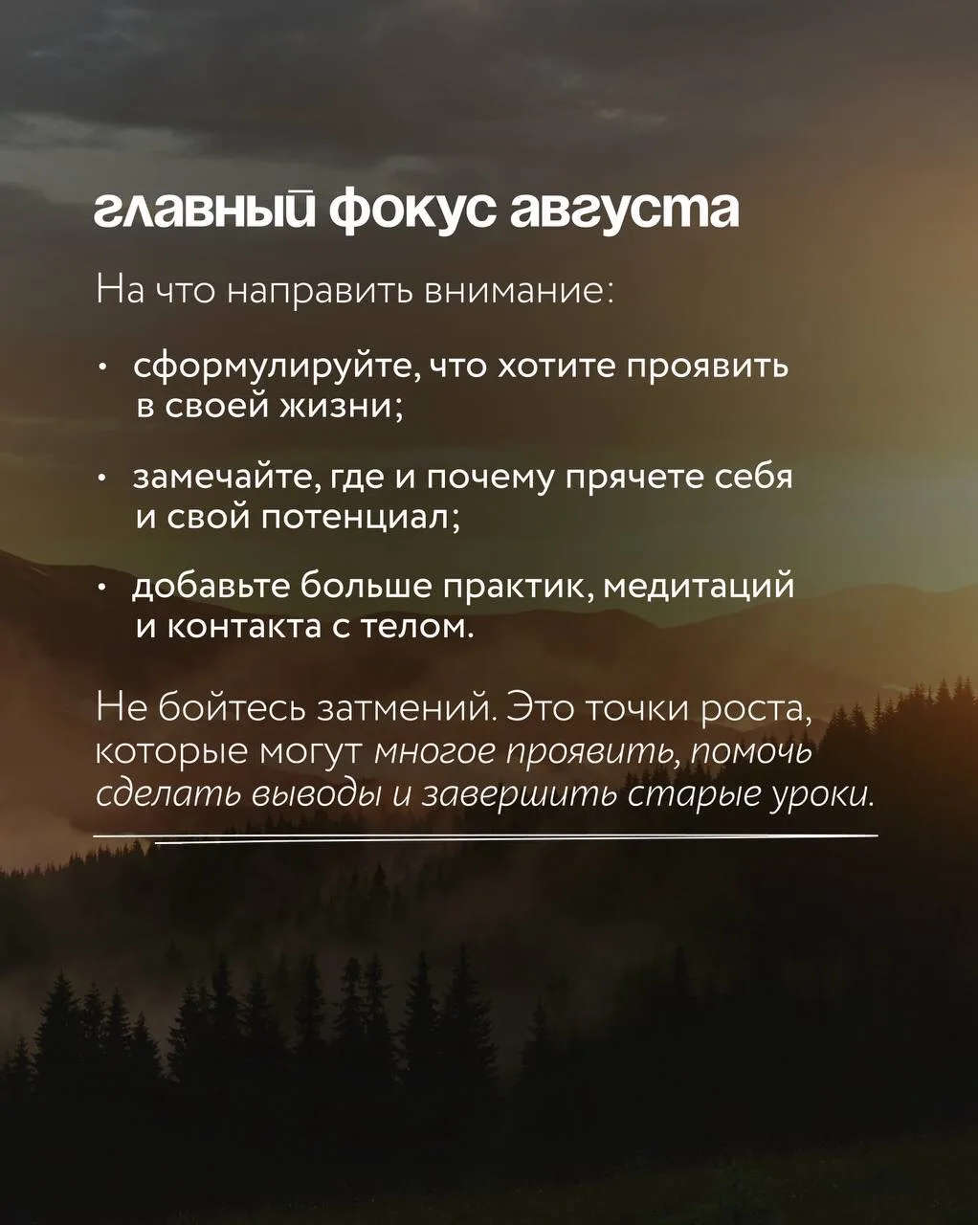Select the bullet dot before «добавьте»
pyautogui.click(x=101, y=589)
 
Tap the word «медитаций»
pyautogui.click(x=698, y=587)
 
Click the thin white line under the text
pyautogui.click(x=485, y=836)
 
